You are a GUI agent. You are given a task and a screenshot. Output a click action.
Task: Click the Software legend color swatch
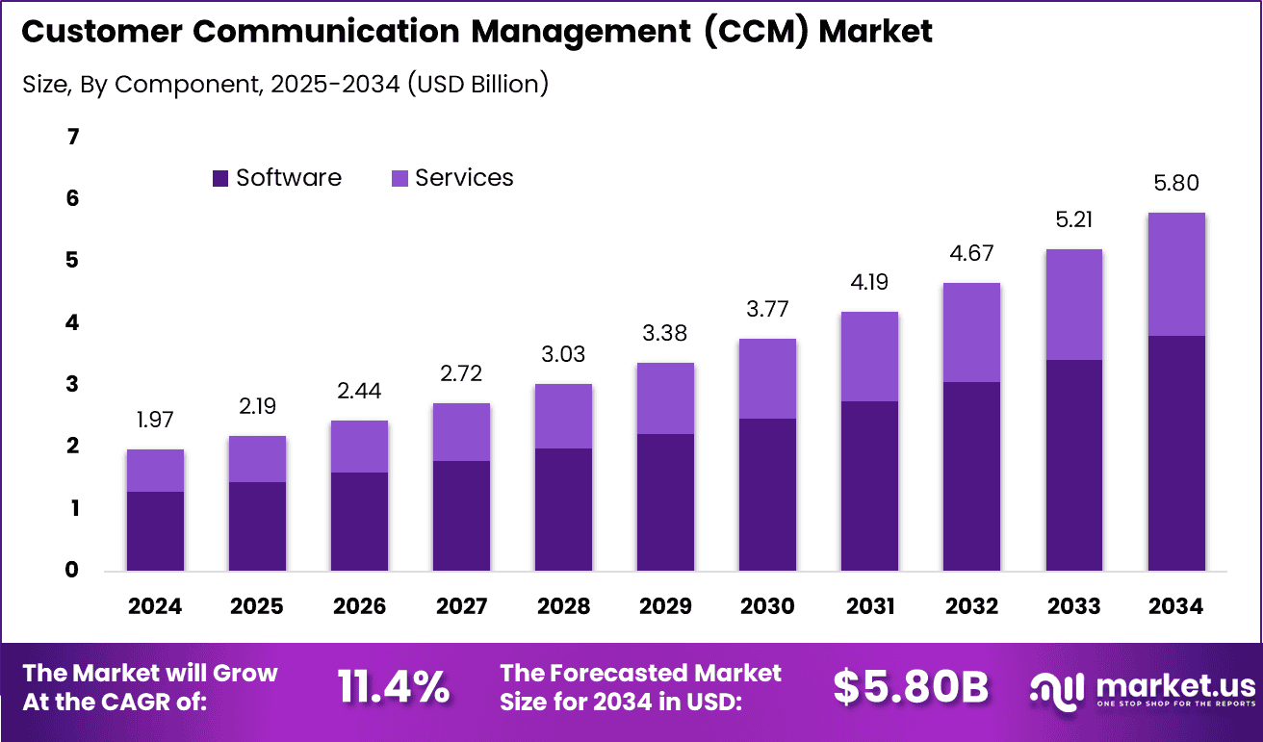(x=220, y=178)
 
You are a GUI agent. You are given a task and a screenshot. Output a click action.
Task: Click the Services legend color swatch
(x=400, y=178)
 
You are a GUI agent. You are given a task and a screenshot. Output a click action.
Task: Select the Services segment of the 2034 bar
(x=1175, y=274)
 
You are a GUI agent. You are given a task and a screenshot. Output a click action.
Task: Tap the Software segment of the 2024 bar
(x=155, y=530)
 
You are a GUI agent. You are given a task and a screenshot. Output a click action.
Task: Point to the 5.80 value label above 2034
(x=1175, y=183)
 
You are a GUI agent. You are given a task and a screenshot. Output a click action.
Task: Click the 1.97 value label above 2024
(x=155, y=420)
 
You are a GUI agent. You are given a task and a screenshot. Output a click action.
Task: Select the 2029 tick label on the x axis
(x=665, y=606)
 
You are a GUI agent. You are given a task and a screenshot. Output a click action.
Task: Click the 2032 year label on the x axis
(x=971, y=606)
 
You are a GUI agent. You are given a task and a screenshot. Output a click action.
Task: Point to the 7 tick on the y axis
(x=72, y=137)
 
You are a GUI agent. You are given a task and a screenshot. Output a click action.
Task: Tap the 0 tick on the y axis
(x=72, y=570)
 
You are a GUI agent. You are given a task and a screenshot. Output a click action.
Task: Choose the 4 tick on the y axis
(x=72, y=322)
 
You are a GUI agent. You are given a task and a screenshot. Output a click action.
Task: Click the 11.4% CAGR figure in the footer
(x=393, y=686)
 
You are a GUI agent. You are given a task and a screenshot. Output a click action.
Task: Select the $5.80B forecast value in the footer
(x=911, y=686)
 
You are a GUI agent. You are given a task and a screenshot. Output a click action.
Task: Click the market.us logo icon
(x=1057, y=687)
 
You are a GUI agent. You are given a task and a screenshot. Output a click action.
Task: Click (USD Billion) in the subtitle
(x=477, y=84)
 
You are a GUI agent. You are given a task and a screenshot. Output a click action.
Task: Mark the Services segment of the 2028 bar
(x=563, y=416)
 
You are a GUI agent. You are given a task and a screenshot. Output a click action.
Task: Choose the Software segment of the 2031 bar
(x=869, y=485)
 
